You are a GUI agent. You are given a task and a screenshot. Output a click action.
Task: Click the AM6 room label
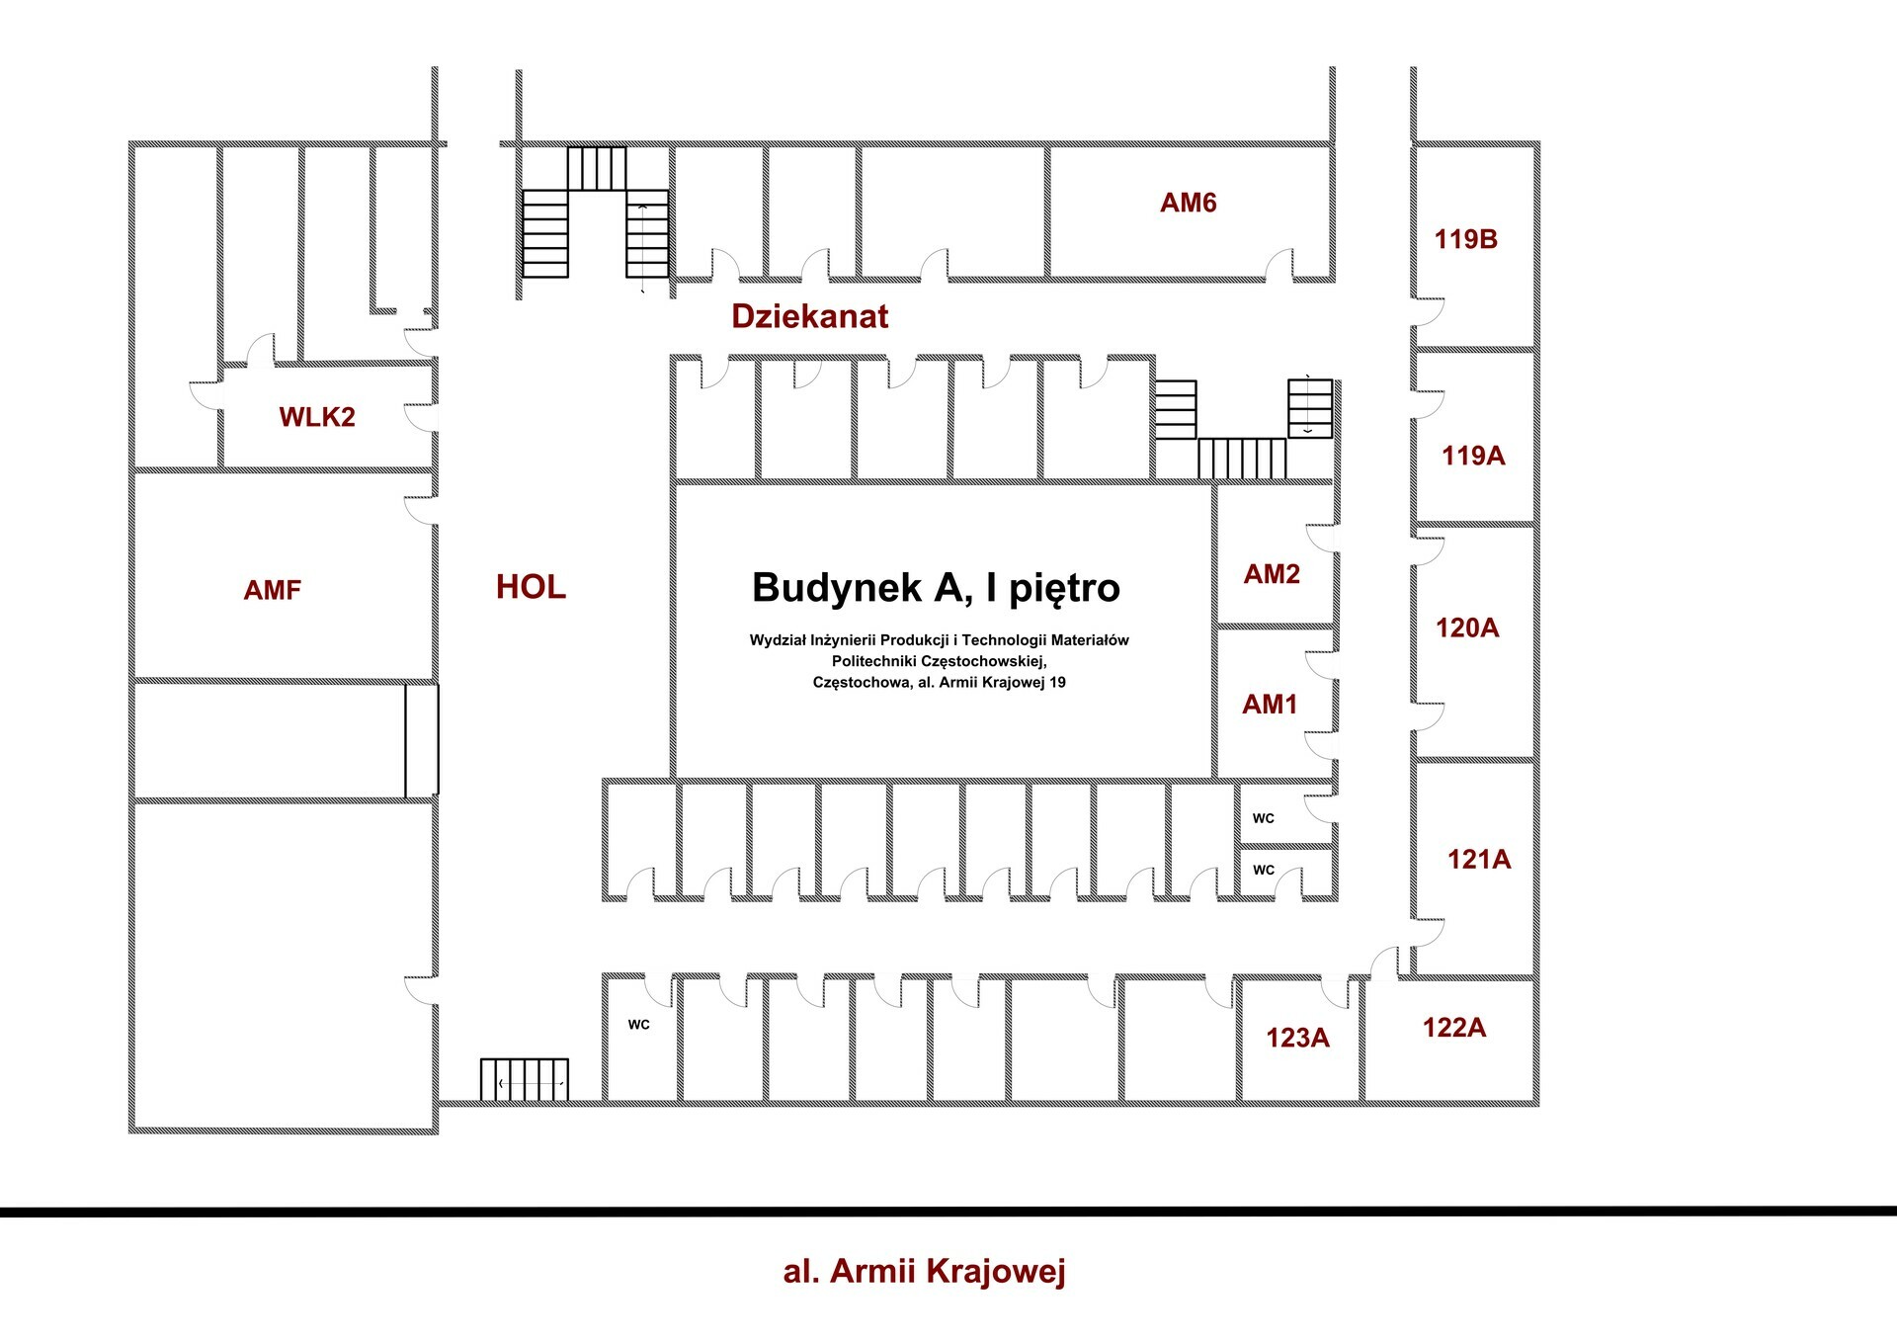click(x=1188, y=203)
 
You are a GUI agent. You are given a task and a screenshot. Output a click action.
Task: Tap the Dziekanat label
click(x=809, y=316)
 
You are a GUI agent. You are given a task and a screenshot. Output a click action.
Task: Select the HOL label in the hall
click(x=531, y=587)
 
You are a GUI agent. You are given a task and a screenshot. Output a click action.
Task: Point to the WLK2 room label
click(x=316, y=417)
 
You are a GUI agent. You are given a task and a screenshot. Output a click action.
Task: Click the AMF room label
click(x=272, y=590)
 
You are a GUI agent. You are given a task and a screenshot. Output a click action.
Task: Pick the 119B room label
click(x=1465, y=239)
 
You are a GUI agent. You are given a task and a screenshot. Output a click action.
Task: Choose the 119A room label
click(x=1472, y=456)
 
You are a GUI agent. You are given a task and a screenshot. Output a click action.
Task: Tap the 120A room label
click(x=1466, y=628)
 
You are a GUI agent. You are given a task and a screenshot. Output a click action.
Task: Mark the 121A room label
click(x=1478, y=859)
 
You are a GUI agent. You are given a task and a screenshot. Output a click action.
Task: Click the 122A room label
click(x=1453, y=1028)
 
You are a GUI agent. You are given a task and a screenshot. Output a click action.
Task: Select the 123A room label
click(x=1297, y=1038)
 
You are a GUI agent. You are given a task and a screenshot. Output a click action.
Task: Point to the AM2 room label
click(x=1272, y=574)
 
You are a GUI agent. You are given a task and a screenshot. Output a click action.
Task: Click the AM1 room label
click(x=1270, y=705)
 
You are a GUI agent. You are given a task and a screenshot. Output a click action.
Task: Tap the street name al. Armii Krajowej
click(x=924, y=1271)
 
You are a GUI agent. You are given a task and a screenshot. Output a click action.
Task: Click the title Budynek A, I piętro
click(x=936, y=587)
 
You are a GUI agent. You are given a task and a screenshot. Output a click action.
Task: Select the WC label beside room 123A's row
click(x=638, y=1025)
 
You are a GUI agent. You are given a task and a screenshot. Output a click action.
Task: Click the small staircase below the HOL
click(x=525, y=1079)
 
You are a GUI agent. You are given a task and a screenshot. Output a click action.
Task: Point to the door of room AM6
click(x=1279, y=267)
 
